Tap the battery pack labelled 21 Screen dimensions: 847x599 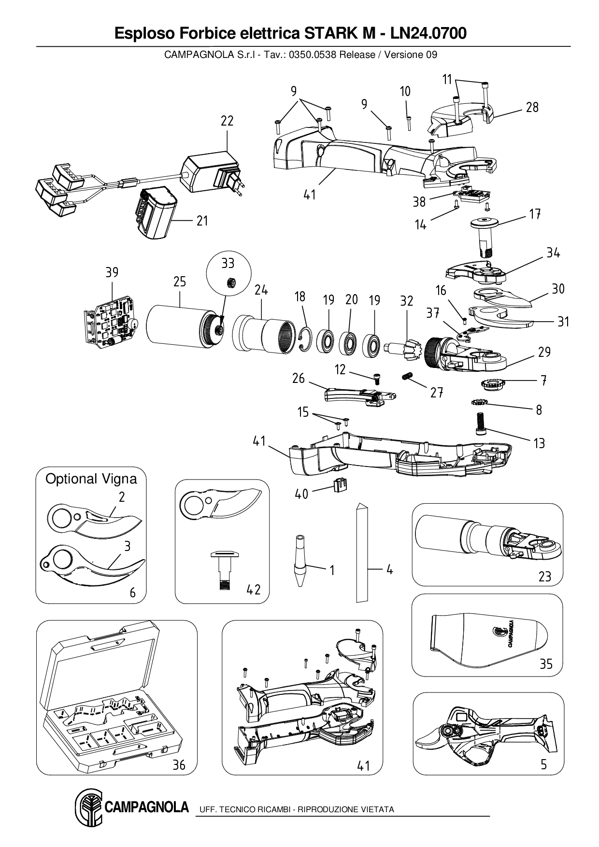point(153,213)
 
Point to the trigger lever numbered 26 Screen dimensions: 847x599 point(357,395)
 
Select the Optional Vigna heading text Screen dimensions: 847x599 point(91,479)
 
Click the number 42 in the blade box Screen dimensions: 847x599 point(253,590)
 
